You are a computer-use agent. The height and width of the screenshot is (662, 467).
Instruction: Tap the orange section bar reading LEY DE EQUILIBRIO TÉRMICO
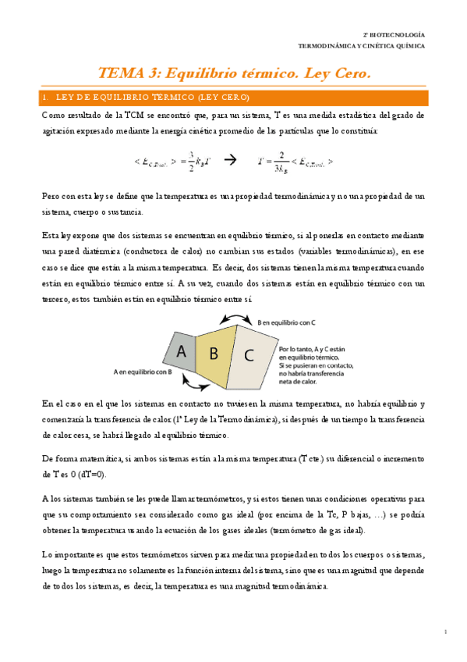click(233, 98)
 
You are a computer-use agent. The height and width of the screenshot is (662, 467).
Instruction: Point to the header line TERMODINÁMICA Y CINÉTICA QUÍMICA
click(363, 46)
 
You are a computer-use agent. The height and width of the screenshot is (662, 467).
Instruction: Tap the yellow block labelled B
click(213, 352)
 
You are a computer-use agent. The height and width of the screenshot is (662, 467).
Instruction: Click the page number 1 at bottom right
click(444, 631)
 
